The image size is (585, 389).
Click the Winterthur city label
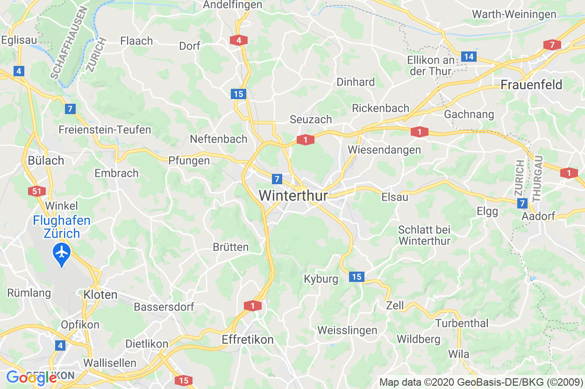pyautogui.click(x=293, y=195)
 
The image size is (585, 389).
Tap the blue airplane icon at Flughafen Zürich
pyautogui.click(x=62, y=253)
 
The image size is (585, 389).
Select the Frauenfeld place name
pyautogui.click(x=531, y=85)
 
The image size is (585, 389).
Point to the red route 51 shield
pyautogui.click(x=36, y=191)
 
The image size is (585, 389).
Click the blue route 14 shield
pyautogui.click(x=469, y=57)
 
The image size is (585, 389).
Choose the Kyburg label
pyautogui.click(x=321, y=279)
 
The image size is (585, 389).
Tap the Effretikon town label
pyautogui.click(x=248, y=339)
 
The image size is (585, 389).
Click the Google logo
pyautogui.click(x=31, y=377)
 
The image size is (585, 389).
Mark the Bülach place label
pyautogui.click(x=46, y=160)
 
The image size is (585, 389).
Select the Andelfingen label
pyautogui.click(x=232, y=5)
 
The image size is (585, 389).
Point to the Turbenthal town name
pyautogui.click(x=462, y=323)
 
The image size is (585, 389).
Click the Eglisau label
pyautogui.click(x=19, y=40)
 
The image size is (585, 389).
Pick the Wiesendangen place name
pyautogui.click(x=384, y=150)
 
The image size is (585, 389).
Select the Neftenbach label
pyautogui.click(x=218, y=139)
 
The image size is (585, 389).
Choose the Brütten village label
pyautogui.click(x=230, y=247)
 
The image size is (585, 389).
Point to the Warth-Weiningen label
pyautogui.click(x=514, y=14)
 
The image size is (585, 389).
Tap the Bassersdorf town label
pyautogui.click(x=164, y=307)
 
